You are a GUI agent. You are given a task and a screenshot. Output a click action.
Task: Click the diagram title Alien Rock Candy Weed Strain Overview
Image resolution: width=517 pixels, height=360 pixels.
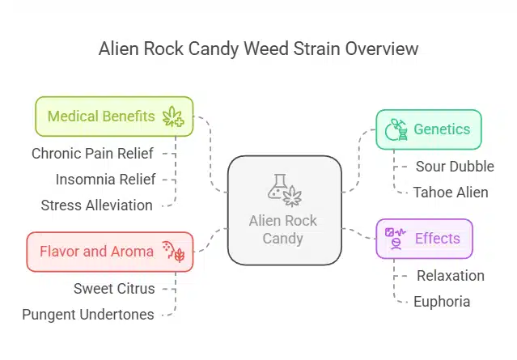click(258, 49)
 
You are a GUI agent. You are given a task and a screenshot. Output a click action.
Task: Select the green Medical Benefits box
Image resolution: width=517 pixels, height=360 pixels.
click(113, 116)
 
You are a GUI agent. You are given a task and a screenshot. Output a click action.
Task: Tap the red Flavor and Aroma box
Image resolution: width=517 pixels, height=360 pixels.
click(109, 252)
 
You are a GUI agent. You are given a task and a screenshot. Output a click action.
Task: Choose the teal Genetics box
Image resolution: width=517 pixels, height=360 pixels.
click(428, 129)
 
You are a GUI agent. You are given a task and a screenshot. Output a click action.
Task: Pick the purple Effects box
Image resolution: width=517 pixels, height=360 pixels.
click(424, 239)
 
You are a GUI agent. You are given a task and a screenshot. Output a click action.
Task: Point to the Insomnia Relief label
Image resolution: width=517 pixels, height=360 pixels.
click(105, 179)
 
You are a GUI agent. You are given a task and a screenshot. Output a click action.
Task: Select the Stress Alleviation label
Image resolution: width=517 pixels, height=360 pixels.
click(96, 205)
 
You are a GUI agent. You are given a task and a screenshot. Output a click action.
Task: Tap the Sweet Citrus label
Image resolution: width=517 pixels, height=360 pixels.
click(113, 288)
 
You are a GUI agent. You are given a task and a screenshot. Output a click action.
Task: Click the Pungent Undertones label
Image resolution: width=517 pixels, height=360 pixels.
click(88, 315)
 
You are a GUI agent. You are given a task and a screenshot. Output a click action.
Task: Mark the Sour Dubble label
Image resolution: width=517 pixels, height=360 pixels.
click(454, 167)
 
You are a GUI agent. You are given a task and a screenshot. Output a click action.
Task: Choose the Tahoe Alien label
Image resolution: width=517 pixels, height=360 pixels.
click(450, 193)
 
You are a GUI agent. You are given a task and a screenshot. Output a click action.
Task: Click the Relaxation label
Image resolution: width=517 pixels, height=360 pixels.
click(450, 276)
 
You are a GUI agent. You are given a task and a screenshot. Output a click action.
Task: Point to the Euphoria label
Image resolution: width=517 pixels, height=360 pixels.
click(441, 302)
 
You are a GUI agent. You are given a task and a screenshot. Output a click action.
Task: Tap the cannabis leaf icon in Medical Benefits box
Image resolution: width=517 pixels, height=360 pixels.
click(173, 116)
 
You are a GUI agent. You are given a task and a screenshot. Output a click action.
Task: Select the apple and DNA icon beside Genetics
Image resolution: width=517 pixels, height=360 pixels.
click(396, 129)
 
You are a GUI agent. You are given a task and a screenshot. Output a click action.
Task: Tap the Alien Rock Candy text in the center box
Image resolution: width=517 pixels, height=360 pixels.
click(283, 230)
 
